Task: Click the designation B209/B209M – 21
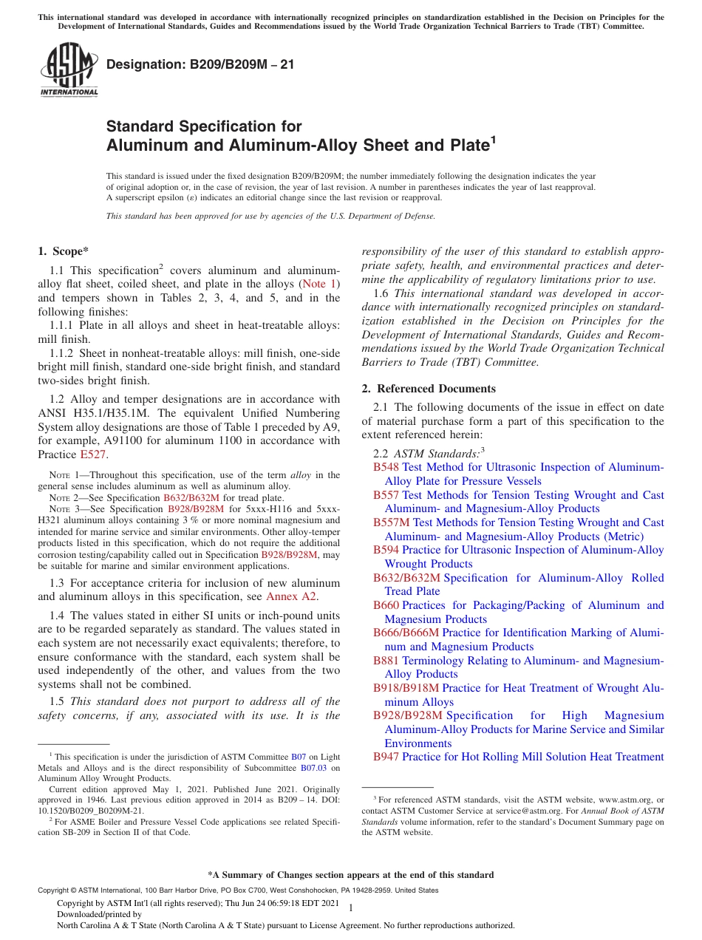(x=200, y=64)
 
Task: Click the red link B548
(x=386, y=467)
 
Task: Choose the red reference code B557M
(x=389, y=522)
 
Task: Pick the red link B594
(x=386, y=550)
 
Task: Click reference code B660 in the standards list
(x=386, y=605)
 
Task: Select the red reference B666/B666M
(x=406, y=633)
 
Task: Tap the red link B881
(x=386, y=661)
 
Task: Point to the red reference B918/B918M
(x=406, y=688)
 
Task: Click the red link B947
(x=386, y=757)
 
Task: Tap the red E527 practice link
(x=93, y=454)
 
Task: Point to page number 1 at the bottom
(x=351, y=908)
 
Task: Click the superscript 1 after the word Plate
(x=493, y=138)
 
